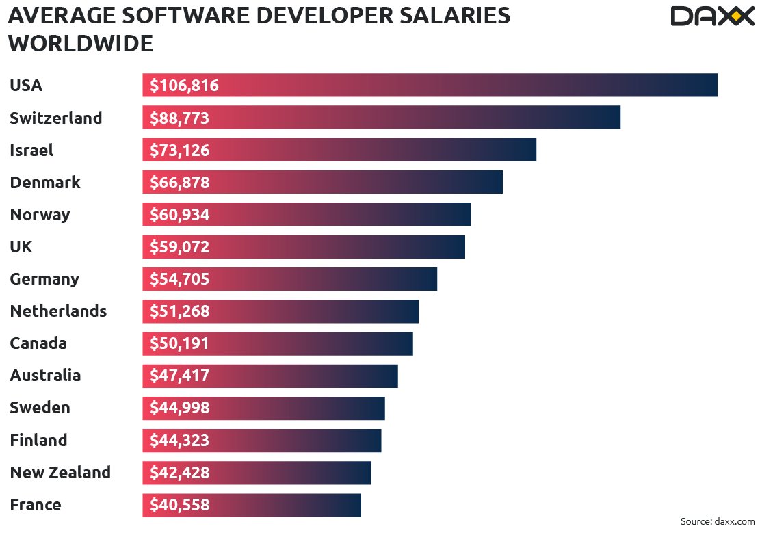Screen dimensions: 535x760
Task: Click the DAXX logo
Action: tap(711, 16)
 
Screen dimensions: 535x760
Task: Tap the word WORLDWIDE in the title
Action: tap(81, 44)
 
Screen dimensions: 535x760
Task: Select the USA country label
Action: tap(26, 86)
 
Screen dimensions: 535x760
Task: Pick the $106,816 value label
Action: tap(184, 86)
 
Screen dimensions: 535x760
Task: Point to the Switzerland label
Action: tap(55, 118)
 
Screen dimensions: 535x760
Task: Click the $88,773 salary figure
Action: tap(179, 118)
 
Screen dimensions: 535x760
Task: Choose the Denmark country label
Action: tap(45, 182)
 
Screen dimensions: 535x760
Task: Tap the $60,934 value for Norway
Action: tap(179, 215)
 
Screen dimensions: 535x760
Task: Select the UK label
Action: tap(21, 246)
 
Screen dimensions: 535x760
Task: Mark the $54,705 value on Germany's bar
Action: tap(179, 279)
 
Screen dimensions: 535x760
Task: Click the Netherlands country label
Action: tap(58, 311)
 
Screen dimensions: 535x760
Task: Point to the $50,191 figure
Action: tap(179, 343)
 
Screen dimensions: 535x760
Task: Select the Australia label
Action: tap(45, 376)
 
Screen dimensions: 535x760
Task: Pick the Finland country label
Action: tap(38, 440)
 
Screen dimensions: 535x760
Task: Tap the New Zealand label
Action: tap(60, 472)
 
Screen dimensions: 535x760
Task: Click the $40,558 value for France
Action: tap(179, 505)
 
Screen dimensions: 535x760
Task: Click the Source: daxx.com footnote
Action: tap(717, 521)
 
